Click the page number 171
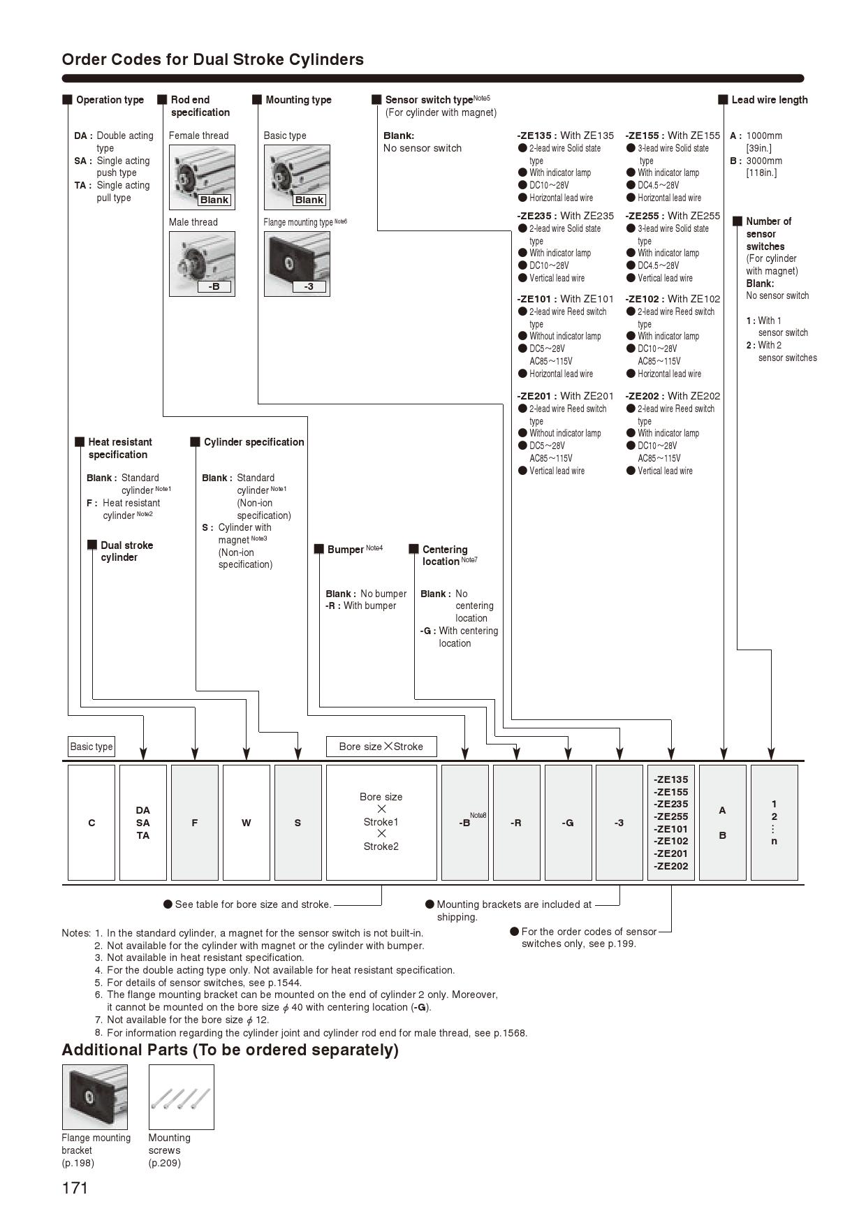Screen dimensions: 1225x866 pos(75,1188)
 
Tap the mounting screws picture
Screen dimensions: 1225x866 pos(181,1097)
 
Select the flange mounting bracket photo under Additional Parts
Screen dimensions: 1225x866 pos(95,1097)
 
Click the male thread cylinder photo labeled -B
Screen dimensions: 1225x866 pos(202,263)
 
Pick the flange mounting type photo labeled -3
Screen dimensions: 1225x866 pos(297,263)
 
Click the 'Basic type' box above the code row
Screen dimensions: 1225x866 pos(91,747)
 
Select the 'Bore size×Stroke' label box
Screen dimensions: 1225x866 pos(381,747)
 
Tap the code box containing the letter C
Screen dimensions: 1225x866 pos(91,823)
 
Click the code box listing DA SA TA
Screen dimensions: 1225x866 pos(143,823)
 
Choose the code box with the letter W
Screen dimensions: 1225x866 pos(246,823)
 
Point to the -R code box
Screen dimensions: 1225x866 pos(516,823)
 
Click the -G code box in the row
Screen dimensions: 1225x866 pos(568,823)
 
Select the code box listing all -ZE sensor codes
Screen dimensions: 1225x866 pos(671,823)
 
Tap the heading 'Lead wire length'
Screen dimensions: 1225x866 pos(769,100)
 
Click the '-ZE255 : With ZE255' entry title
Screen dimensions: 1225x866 pos(673,216)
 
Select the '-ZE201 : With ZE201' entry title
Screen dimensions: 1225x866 pos(565,396)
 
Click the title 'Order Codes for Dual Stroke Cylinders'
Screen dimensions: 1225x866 pos(213,59)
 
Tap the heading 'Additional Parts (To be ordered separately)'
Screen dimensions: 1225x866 pos(230,1050)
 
